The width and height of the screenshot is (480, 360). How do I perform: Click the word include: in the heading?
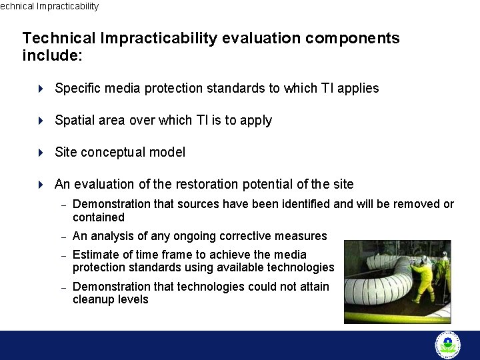click(52, 55)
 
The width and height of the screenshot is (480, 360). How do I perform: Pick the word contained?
click(98, 217)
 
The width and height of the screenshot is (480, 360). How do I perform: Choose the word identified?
click(305, 204)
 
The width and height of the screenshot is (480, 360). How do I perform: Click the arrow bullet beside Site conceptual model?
click(41, 153)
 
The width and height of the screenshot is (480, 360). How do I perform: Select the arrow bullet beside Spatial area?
click(41, 121)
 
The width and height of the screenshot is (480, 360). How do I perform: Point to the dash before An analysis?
click(63, 237)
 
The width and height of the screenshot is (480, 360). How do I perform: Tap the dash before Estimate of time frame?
click(63, 255)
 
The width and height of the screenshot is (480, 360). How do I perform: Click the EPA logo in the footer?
click(447, 345)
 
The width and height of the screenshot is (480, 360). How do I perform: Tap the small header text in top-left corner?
click(49, 6)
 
